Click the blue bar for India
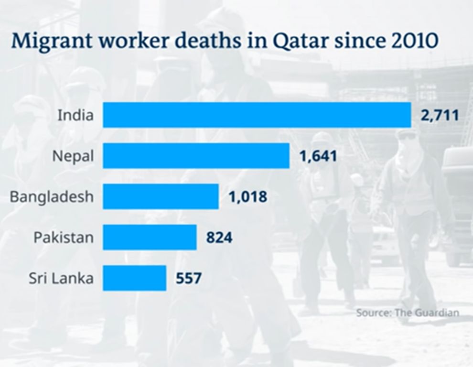(257, 115)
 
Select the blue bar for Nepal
(196, 156)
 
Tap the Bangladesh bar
(161, 196)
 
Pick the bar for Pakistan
(150, 237)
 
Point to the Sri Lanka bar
(134, 278)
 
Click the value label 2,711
(440, 115)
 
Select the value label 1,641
(318, 156)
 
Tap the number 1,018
(247, 196)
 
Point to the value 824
(219, 237)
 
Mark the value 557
(189, 278)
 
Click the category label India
(75, 115)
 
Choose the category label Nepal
(73, 156)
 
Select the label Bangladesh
(52, 197)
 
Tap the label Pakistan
(64, 237)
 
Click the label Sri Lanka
(61, 278)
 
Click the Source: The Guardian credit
(407, 313)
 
